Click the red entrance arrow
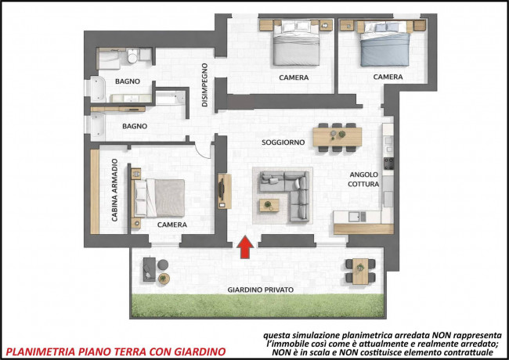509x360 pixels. [x=245, y=247]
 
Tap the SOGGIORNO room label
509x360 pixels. [x=283, y=142]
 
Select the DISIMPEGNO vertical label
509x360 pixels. [x=204, y=85]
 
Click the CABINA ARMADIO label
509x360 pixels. [x=114, y=190]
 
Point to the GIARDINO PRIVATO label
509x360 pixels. [x=260, y=290]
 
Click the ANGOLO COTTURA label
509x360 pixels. [x=363, y=179]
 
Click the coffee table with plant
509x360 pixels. [x=269, y=205]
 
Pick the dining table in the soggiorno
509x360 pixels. [x=338, y=137]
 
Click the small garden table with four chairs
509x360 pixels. [x=360, y=271]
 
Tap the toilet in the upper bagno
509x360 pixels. [x=132, y=56]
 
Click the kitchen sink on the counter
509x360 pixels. [x=357, y=217]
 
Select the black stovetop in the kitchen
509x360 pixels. [x=388, y=163]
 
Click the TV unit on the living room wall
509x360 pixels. [x=224, y=191]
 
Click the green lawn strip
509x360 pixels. [x=258, y=306]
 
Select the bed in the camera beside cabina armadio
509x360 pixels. [x=160, y=198]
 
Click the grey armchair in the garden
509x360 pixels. [x=150, y=269]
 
